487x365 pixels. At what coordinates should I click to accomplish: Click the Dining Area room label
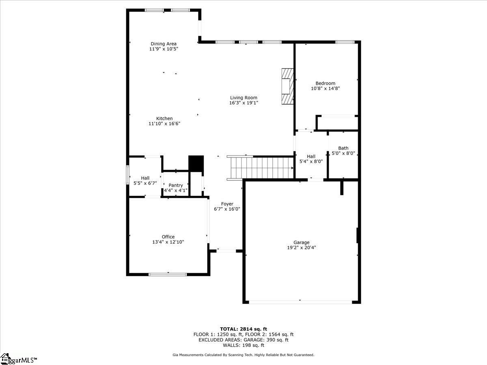pyautogui.click(x=164, y=44)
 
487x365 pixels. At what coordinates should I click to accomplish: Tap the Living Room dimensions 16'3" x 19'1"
pyautogui.click(x=243, y=103)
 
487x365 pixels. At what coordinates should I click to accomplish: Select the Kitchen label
pyautogui.click(x=164, y=118)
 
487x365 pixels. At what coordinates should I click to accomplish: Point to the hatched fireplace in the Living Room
pyautogui.click(x=287, y=86)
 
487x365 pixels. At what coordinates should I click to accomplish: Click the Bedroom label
pyautogui.click(x=325, y=83)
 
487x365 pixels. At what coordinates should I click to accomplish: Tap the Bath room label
pyautogui.click(x=343, y=148)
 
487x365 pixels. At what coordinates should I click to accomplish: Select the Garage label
pyautogui.click(x=302, y=242)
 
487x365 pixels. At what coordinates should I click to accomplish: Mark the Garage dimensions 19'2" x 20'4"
pyautogui.click(x=302, y=247)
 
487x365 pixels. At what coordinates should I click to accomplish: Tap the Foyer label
pyautogui.click(x=227, y=204)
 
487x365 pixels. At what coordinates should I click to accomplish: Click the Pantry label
pyautogui.click(x=176, y=185)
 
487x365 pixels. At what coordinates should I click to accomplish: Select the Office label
pyautogui.click(x=168, y=237)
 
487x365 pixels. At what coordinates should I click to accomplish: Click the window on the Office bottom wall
pyautogui.click(x=168, y=275)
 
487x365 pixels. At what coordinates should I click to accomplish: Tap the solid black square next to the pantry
pyautogui.click(x=196, y=163)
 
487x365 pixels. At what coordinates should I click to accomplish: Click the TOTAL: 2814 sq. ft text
pyautogui.click(x=243, y=329)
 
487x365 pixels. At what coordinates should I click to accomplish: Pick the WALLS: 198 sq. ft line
pyautogui.click(x=243, y=346)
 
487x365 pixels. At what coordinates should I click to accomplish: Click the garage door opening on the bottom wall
pyautogui.click(x=300, y=302)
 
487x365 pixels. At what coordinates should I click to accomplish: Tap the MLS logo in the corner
pyautogui.click(x=18, y=359)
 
